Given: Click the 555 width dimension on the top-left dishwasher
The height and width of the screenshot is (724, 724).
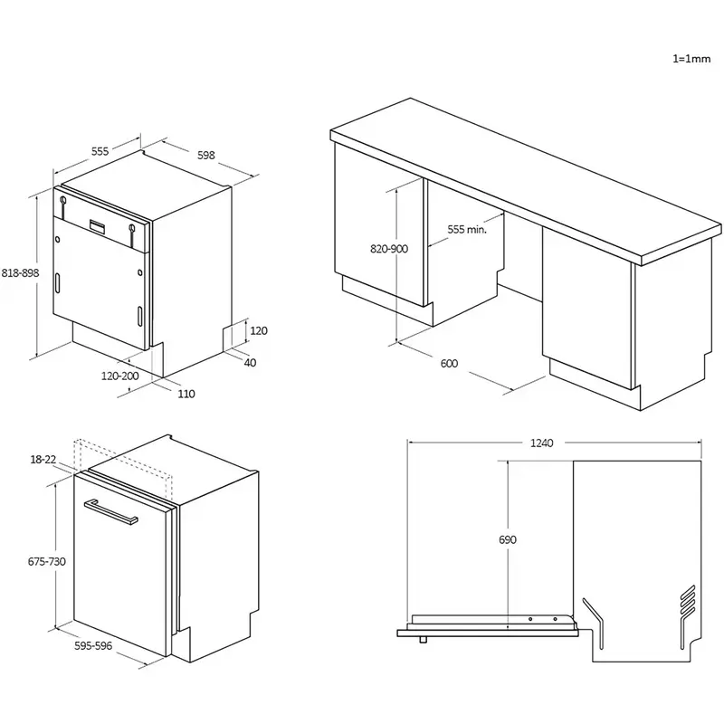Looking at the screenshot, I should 100,152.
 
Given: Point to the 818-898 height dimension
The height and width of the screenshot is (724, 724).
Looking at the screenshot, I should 19,272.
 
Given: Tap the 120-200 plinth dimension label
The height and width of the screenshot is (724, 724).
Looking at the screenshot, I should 119,375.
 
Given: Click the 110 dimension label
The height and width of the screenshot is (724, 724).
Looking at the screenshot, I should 187,393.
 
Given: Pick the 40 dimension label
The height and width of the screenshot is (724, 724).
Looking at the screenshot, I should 250,362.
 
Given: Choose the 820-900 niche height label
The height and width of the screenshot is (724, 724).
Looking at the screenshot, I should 389,249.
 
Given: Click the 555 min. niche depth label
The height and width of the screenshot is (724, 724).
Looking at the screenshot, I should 467,230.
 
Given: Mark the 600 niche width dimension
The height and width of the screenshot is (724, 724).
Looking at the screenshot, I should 449,364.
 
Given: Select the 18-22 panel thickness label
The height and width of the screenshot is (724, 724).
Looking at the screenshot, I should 43,460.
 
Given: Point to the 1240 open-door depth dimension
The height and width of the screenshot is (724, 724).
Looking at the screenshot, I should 542,443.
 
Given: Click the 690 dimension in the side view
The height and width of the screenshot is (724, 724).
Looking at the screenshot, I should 508,539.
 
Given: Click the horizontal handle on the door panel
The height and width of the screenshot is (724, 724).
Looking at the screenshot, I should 110,511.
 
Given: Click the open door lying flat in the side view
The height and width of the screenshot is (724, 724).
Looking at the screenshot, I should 489,624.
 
